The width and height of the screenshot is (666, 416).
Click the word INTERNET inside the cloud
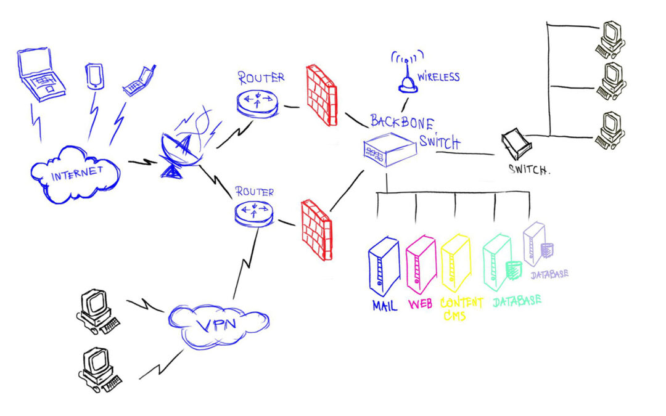click(x=77, y=173)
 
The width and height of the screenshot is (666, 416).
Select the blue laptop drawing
click(x=41, y=75)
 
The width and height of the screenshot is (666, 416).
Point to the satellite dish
click(x=181, y=153)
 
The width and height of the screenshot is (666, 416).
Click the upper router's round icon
click(x=257, y=103)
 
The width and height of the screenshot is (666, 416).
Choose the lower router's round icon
click(x=254, y=212)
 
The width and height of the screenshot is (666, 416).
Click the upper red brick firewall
click(x=321, y=95)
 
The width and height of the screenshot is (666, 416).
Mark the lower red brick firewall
click(x=316, y=230)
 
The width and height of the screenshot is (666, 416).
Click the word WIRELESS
click(x=439, y=77)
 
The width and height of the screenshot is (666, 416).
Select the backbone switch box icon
click(x=390, y=149)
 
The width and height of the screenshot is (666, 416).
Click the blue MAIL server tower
click(x=384, y=266)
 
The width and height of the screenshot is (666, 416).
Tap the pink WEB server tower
click(x=421, y=265)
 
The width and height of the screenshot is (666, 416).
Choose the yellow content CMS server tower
click(x=456, y=263)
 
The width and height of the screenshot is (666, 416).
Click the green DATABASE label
click(x=517, y=301)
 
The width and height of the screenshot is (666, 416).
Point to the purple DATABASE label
click(x=549, y=274)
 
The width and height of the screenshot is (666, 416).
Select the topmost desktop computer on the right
click(x=610, y=39)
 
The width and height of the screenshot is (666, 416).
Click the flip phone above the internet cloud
click(x=139, y=81)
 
